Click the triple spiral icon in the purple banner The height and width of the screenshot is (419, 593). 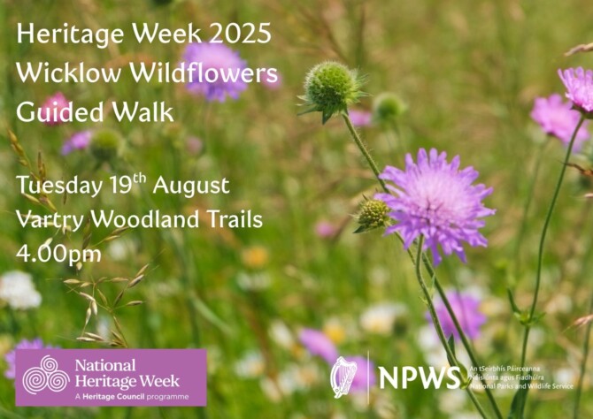click(45, 375)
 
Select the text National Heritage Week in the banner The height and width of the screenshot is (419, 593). click(127, 372)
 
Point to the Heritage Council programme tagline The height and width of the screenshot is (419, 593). click(127, 394)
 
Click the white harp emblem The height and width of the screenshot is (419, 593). click(343, 377)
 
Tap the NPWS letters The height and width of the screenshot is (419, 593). click(419, 377)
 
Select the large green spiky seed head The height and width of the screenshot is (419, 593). click(331, 87)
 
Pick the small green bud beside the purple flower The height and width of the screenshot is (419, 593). click(373, 213)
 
